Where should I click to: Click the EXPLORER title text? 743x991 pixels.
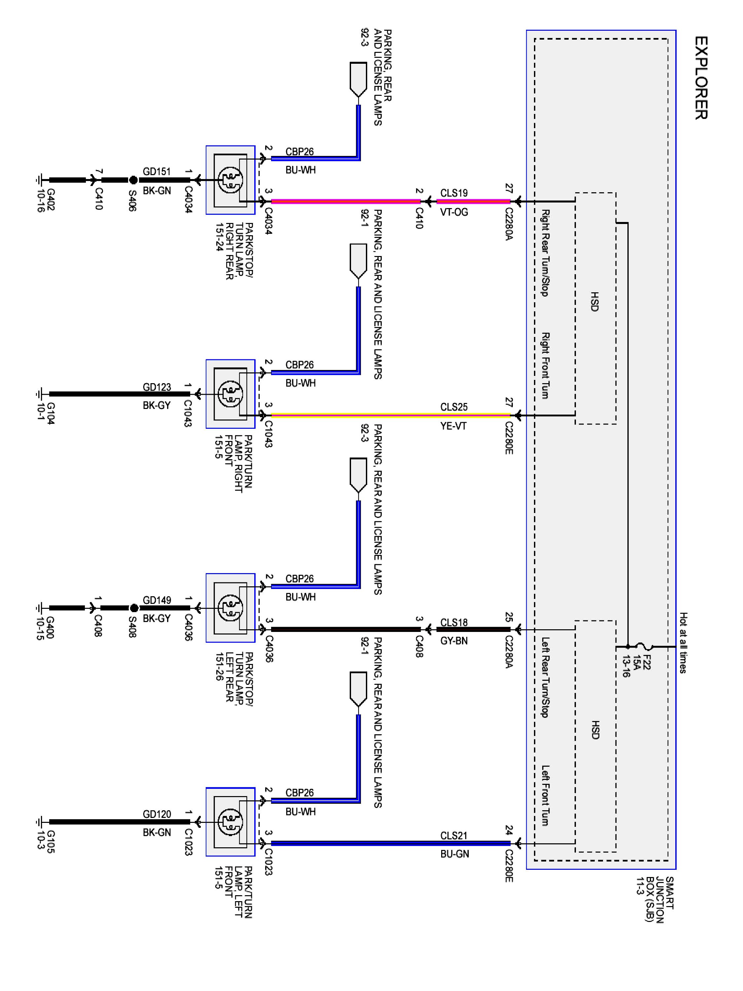click(x=701, y=78)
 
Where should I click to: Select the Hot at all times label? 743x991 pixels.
click(x=683, y=642)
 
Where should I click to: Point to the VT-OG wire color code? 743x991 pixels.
click(x=454, y=212)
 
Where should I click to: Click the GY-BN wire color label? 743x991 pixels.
click(x=454, y=641)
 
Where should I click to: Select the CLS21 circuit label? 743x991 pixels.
click(x=454, y=835)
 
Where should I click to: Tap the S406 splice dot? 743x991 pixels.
click(x=133, y=180)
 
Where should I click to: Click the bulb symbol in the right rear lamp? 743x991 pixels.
click(x=230, y=180)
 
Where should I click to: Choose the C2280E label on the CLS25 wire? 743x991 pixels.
click(x=509, y=438)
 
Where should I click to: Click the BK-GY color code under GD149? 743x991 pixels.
click(x=157, y=618)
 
